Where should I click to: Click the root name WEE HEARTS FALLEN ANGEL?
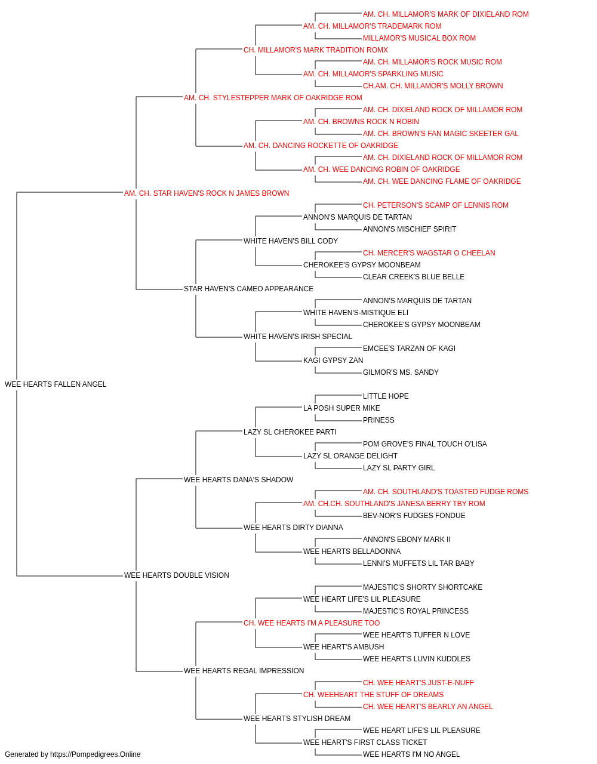(x=56, y=384)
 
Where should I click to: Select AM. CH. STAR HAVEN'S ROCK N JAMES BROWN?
(x=207, y=193)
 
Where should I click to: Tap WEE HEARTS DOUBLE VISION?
(x=177, y=575)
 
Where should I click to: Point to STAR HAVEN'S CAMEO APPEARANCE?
(x=248, y=289)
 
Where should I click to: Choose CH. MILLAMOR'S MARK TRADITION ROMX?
(x=316, y=50)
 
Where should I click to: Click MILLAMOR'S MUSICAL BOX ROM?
(x=419, y=38)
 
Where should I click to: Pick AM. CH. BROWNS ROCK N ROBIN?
(x=361, y=122)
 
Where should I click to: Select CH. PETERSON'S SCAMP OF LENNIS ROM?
(x=436, y=205)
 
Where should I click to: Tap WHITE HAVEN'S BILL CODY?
(x=291, y=241)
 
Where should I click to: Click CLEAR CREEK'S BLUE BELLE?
(x=414, y=277)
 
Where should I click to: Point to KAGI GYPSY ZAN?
(x=333, y=361)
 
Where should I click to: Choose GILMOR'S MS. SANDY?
(x=401, y=372)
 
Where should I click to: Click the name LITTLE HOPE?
(x=386, y=396)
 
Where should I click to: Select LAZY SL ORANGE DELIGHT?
(x=350, y=455)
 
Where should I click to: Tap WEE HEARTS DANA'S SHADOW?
(x=238, y=479)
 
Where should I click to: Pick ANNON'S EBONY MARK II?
(x=407, y=540)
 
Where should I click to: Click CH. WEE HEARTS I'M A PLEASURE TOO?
(x=312, y=623)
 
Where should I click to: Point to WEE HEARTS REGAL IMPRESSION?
(x=244, y=671)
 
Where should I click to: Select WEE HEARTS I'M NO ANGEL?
(x=411, y=754)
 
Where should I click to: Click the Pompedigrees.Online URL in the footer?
(x=96, y=754)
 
